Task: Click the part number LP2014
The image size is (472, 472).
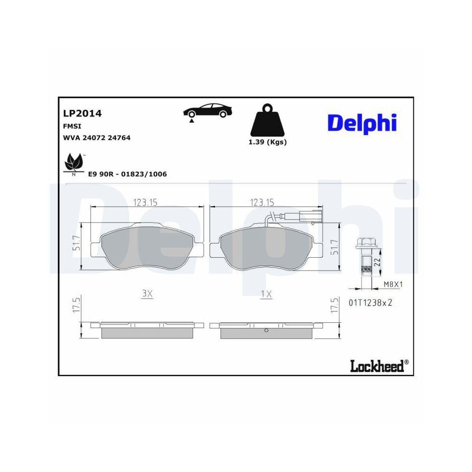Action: (82, 113)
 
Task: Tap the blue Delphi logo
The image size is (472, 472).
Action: (362, 123)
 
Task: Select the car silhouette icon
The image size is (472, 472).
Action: (208, 111)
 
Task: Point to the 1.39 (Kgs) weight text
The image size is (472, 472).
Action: (268, 142)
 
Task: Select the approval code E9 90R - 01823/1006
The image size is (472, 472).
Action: (127, 174)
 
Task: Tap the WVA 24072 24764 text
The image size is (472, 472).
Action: (96, 138)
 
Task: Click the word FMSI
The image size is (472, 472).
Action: (71, 126)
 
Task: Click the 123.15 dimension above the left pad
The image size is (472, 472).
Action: (145, 202)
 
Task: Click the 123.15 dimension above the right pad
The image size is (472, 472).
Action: (262, 202)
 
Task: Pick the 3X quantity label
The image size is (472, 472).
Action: (147, 294)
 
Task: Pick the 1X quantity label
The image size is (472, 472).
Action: (266, 294)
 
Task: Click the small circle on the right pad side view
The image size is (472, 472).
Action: (266, 330)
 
